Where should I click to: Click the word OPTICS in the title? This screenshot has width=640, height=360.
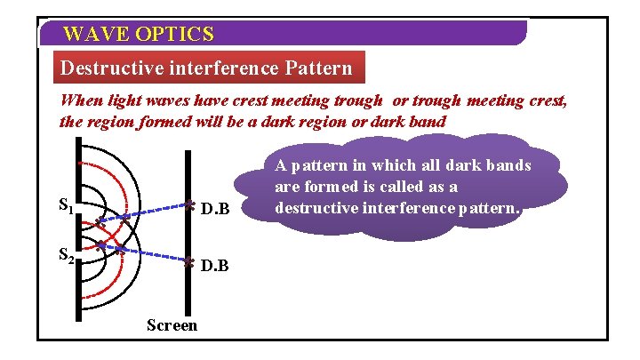tap(176, 35)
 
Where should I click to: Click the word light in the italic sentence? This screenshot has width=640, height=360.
tap(124, 100)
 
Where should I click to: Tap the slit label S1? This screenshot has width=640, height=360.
tap(66, 207)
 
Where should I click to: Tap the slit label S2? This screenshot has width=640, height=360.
tap(66, 256)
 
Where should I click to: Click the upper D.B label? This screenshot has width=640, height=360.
tap(215, 210)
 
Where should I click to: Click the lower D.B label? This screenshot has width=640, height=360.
tap(215, 265)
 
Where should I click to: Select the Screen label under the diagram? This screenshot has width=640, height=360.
tap(172, 325)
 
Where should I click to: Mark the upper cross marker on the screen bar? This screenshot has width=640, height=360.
tap(189, 205)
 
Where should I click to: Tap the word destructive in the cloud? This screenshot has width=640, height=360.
tap(316, 209)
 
